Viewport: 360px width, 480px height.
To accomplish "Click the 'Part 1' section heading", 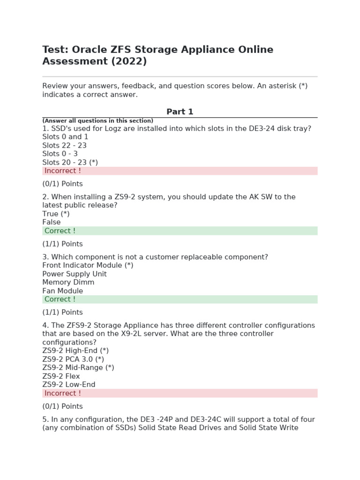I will pyautogui.click(x=180, y=112).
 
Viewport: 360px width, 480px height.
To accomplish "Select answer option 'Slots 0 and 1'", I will pyautogui.click(x=65, y=137).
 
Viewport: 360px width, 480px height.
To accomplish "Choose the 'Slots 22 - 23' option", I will pyautogui.click(x=64, y=145).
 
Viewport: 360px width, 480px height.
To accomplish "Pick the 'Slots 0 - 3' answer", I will pyautogui.click(x=60, y=154).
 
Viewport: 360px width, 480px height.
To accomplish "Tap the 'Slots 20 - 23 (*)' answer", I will pyautogui.click(x=70, y=162).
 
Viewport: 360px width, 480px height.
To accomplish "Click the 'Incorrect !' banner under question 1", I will pyautogui.click(x=180, y=171).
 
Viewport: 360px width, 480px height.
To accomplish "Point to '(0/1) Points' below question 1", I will pyautogui.click(x=62, y=184).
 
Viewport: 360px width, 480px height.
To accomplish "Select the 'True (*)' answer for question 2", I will pyautogui.click(x=56, y=214).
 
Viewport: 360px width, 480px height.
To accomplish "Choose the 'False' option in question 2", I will pyautogui.click(x=52, y=222).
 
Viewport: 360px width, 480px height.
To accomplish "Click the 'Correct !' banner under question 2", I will pyautogui.click(x=180, y=231).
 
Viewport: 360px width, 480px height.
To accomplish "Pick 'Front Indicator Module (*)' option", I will pyautogui.click(x=88, y=265).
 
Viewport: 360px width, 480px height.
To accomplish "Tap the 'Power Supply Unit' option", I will pyautogui.click(x=75, y=274).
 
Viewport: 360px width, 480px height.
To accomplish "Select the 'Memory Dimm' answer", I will pyautogui.click(x=68, y=282).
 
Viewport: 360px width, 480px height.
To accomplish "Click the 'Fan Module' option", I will pyautogui.click(x=63, y=291).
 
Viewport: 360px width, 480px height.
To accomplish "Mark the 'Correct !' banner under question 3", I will pyautogui.click(x=180, y=299).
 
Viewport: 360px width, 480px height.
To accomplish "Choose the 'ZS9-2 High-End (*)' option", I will pyautogui.click(x=75, y=351).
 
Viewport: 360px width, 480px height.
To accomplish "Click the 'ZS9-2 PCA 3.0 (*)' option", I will pyautogui.click(x=73, y=359).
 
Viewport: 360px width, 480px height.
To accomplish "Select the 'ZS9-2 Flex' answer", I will pyautogui.click(x=61, y=376).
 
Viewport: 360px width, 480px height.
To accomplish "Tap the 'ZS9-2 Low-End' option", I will pyautogui.click(x=69, y=384).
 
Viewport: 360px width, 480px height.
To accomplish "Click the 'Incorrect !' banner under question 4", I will pyautogui.click(x=180, y=393).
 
